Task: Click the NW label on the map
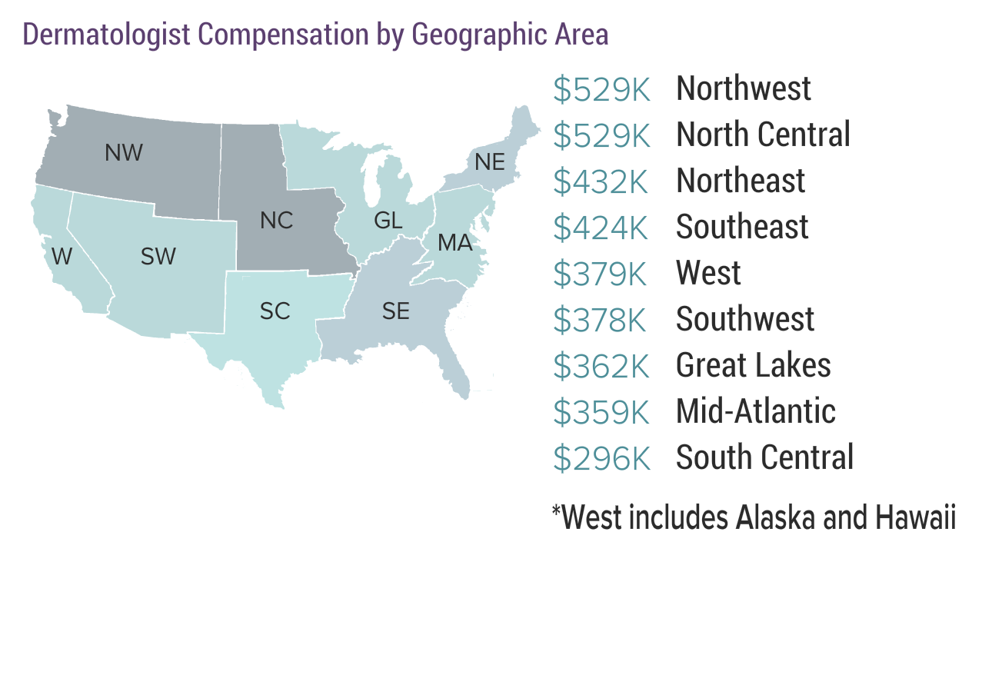tap(124, 153)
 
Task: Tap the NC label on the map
tap(276, 221)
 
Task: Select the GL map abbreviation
tap(388, 221)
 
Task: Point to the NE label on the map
tap(490, 162)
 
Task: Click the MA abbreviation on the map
tap(454, 244)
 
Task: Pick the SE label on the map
tap(396, 311)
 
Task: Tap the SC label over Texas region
tap(275, 311)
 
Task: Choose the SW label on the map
tap(158, 257)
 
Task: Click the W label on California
tap(62, 257)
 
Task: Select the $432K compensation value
tap(601, 181)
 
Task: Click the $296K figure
tap(601, 458)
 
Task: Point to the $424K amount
tap(601, 228)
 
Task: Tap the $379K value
tap(601, 274)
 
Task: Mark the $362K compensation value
tap(601, 366)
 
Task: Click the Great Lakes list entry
tap(753, 366)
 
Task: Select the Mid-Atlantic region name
tap(755, 412)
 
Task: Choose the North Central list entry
tap(763, 135)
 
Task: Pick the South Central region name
tap(764, 458)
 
